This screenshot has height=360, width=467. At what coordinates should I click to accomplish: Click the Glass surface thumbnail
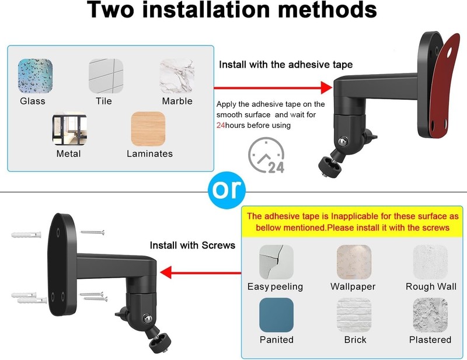[x=35, y=76]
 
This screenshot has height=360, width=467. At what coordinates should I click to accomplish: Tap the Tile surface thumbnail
[x=106, y=76]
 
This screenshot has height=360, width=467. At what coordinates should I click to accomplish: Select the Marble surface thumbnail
[x=177, y=76]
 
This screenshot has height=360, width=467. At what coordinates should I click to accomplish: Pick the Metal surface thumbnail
[x=69, y=128]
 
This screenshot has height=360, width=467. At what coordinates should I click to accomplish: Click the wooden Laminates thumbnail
[x=148, y=128]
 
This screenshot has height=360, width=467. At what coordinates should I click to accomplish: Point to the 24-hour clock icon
[x=266, y=155]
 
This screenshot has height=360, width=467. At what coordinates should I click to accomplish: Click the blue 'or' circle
[x=226, y=190]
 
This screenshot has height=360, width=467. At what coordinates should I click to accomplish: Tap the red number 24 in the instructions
[x=221, y=125]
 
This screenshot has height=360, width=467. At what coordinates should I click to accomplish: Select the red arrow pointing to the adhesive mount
[x=273, y=88]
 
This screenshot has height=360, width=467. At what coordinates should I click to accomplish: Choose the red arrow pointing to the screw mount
[x=200, y=272]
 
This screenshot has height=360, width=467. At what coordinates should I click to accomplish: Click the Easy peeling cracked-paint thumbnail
[x=276, y=262]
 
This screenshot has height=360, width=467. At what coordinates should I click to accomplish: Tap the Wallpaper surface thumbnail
[x=354, y=262]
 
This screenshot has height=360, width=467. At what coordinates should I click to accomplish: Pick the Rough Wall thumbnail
[x=430, y=262]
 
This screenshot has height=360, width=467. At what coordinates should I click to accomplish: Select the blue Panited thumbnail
[x=276, y=315]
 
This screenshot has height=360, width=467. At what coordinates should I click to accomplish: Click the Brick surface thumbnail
[x=354, y=315]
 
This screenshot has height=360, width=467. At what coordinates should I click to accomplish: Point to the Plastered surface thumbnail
[x=430, y=315]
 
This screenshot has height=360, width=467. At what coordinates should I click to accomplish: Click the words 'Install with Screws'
[x=193, y=246]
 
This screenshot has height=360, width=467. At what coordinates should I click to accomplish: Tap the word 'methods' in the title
[x=327, y=10]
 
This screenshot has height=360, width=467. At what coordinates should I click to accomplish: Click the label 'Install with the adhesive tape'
[x=285, y=65]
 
